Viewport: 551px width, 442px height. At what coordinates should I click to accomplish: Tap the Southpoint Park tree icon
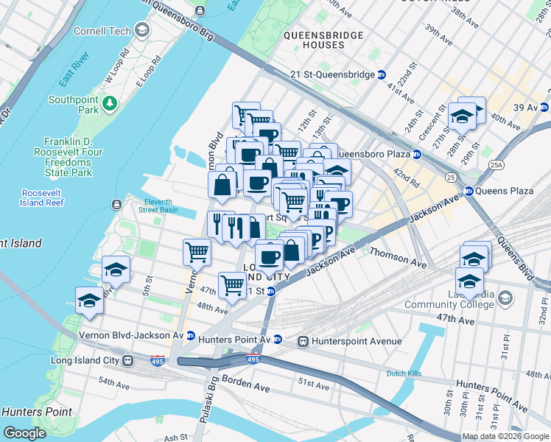point(110,101)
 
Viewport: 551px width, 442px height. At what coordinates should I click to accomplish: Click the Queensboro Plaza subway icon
point(416,155)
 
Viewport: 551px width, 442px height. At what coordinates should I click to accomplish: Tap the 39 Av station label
point(526,108)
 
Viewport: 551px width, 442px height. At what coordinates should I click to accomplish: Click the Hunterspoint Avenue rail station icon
point(303,341)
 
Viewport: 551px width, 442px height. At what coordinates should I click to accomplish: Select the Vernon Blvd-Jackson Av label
point(130,334)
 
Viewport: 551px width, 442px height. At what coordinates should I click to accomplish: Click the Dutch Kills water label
point(404,373)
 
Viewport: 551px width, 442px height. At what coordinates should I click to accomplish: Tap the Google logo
point(25,433)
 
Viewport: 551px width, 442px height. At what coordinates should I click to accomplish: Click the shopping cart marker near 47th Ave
point(233,283)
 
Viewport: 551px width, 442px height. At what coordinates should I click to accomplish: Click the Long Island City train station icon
point(128,361)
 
